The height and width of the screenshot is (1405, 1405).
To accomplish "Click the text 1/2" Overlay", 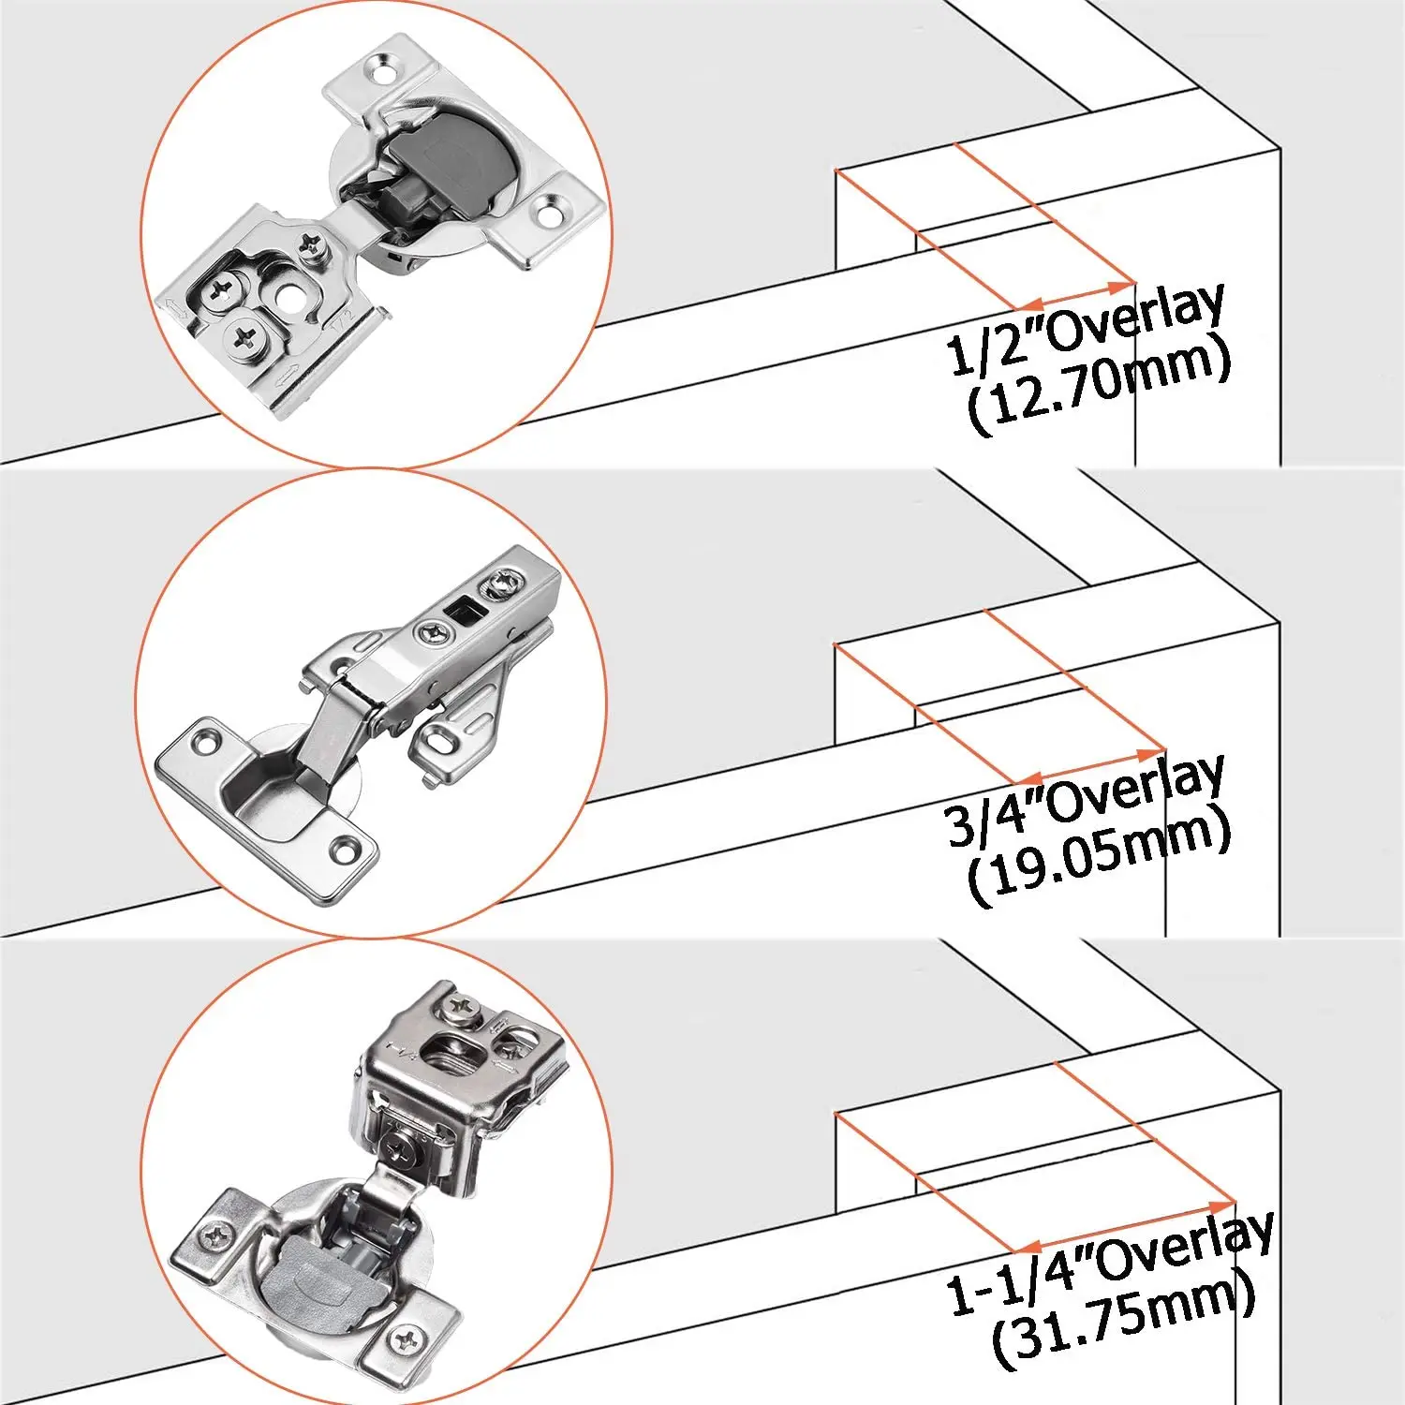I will click(x=1087, y=328).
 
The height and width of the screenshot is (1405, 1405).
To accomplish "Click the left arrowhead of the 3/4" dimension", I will click(x=1026, y=779).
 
